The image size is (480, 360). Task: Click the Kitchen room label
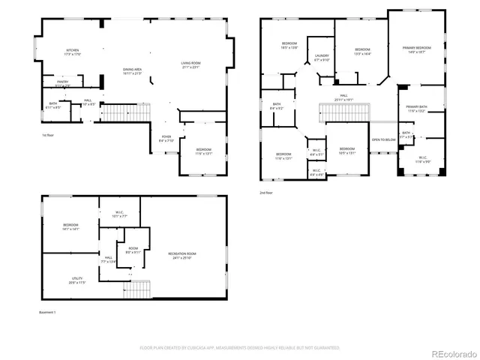tap(72, 51)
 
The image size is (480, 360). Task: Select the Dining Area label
tap(133, 71)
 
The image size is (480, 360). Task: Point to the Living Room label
tap(190, 64)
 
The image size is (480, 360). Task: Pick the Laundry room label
tap(322, 57)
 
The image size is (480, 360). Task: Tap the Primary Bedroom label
tap(416, 49)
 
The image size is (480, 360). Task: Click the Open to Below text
tap(383, 139)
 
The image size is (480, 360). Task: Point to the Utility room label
tap(77, 280)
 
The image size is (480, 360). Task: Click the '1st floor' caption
tap(48, 135)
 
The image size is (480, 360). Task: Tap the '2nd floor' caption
tap(266, 193)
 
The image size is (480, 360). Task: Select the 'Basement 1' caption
tap(48, 311)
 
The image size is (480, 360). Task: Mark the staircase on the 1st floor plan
tap(115, 113)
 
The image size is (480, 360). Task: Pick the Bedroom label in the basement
tap(71, 227)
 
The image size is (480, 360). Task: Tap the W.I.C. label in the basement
tap(119, 214)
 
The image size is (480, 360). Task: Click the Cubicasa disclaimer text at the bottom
tap(240, 348)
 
